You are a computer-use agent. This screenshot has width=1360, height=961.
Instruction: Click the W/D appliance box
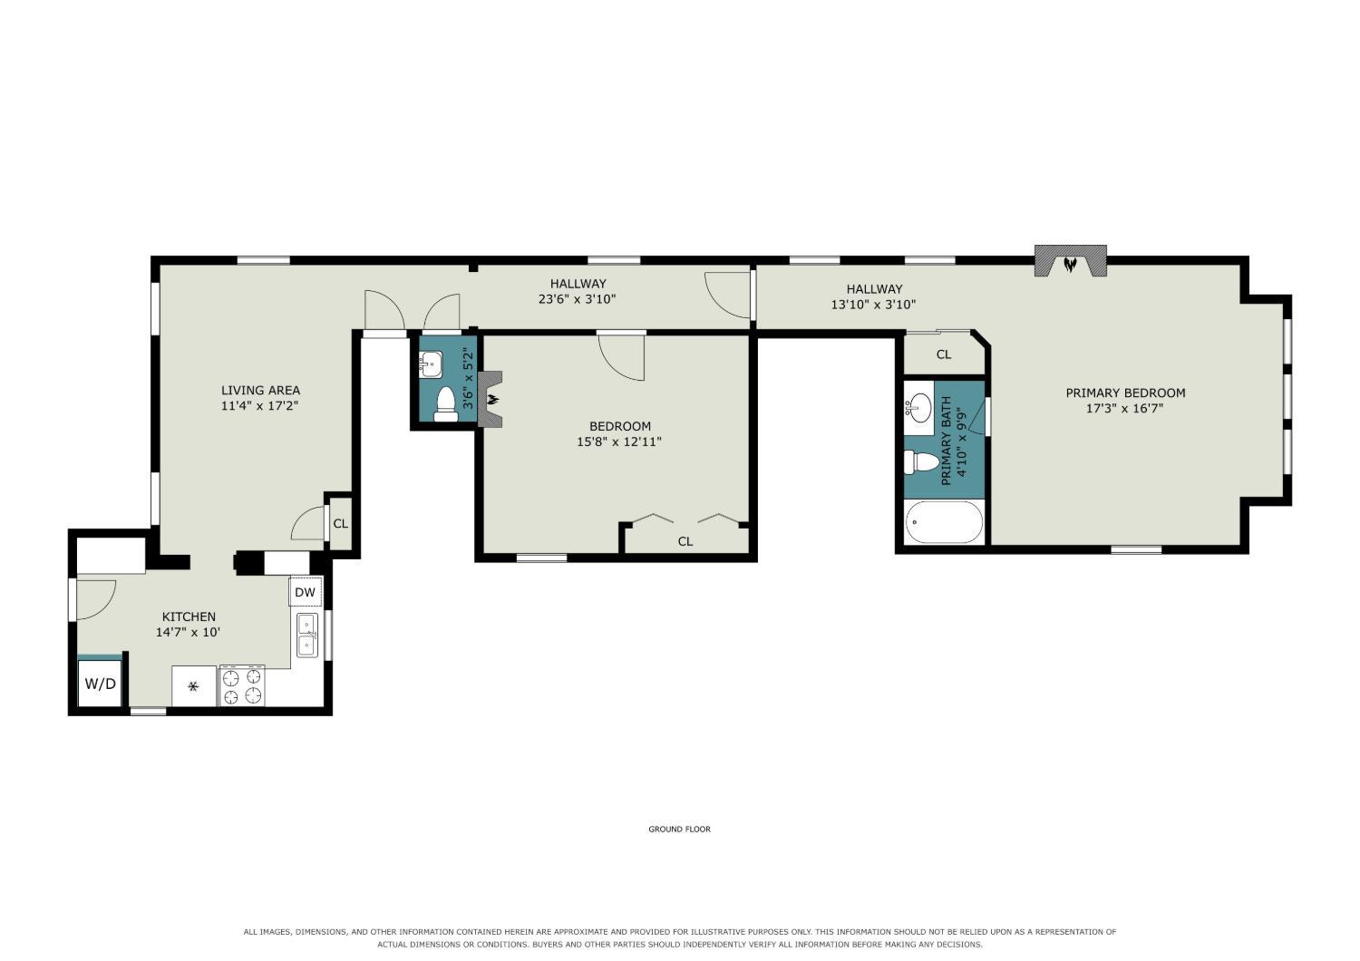tap(100, 684)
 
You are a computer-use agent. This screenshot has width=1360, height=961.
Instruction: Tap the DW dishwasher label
tap(305, 592)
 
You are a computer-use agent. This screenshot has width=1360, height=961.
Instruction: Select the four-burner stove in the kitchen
tap(242, 686)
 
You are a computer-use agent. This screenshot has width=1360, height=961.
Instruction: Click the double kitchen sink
tap(307, 635)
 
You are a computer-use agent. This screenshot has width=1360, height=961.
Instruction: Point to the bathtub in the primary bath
tap(944, 522)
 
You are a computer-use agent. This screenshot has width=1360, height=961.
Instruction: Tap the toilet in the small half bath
tap(446, 404)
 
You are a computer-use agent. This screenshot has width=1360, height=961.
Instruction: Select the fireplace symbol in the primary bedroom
tap(1070, 262)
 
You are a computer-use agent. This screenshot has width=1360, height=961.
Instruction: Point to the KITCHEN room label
tap(189, 616)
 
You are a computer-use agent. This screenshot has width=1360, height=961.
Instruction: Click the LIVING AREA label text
tap(260, 391)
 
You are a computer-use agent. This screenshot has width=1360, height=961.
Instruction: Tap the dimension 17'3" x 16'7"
tap(1124, 409)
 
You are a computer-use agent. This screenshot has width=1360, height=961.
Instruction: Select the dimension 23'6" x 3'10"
tap(577, 299)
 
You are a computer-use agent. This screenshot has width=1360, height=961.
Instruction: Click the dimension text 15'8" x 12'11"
tap(618, 442)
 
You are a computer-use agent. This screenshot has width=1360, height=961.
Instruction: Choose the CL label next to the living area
tap(341, 523)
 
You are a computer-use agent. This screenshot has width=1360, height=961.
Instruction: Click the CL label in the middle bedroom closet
tap(685, 541)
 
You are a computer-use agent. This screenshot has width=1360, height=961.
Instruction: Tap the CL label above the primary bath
tap(944, 354)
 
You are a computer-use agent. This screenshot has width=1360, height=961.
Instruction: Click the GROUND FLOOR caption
tap(679, 830)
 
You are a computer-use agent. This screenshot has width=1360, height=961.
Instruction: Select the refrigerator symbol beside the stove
tap(194, 686)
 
